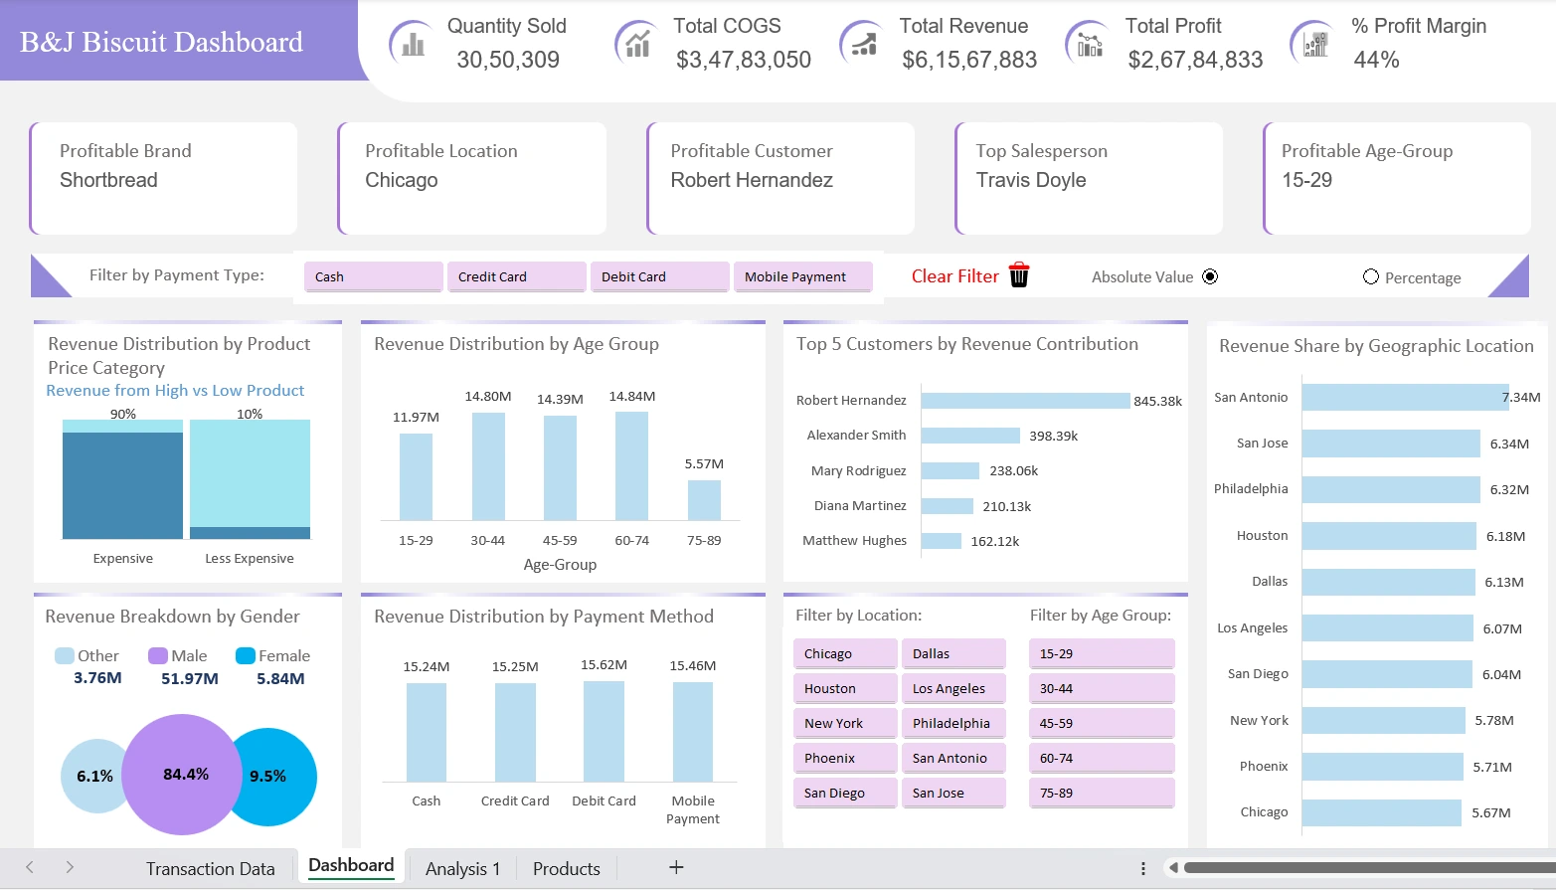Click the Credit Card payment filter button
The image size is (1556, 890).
tap(515, 276)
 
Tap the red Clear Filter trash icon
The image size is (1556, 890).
tap(1019, 275)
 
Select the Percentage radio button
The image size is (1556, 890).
tap(1371, 276)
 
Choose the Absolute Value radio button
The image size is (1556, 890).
tap(1210, 276)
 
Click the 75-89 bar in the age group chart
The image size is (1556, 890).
tap(704, 500)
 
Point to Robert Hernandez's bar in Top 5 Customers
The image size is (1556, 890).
tap(1025, 400)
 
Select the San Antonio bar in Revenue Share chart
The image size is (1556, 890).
tap(1405, 397)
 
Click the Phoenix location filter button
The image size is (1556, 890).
tap(845, 758)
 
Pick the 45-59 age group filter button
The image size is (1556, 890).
tap(1101, 723)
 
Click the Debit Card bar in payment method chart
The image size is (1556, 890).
tap(604, 731)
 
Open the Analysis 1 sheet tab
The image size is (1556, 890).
tap(462, 868)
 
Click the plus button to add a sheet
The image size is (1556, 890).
tap(676, 867)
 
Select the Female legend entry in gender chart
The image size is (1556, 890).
tap(273, 656)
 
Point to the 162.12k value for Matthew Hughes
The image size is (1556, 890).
tap(995, 541)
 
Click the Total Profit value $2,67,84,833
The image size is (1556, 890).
tap(1195, 60)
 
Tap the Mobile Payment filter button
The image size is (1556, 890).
tap(802, 276)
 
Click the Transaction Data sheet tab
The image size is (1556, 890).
tap(210, 868)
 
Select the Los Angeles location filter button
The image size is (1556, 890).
tap(952, 688)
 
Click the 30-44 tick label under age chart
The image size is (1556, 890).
tap(487, 540)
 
